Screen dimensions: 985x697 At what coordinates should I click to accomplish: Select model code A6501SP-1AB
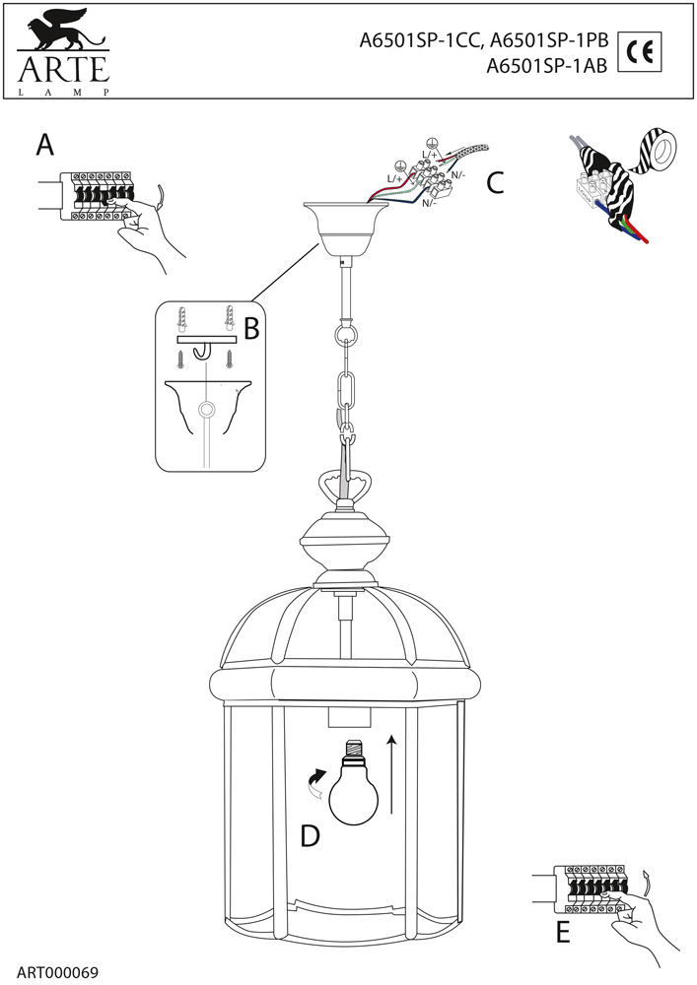tap(547, 67)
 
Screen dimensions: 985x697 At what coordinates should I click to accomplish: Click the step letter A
tap(44, 146)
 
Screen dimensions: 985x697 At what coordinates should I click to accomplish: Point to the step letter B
tap(250, 329)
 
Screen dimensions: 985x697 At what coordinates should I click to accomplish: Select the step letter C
tap(496, 182)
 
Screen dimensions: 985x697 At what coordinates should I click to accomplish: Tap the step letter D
tap(311, 835)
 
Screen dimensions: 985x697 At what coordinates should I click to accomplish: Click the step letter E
tap(563, 931)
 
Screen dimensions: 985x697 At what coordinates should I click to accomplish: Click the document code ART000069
tap(57, 971)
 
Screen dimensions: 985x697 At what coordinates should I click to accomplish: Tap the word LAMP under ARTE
tap(61, 92)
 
